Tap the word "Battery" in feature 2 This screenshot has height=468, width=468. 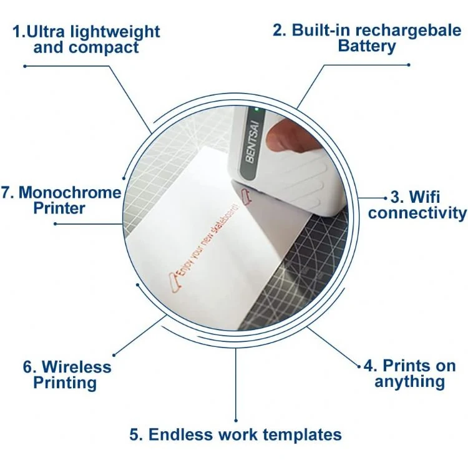tap(367, 46)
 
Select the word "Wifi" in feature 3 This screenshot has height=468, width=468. tap(424, 197)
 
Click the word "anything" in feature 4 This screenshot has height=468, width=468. tap(409, 382)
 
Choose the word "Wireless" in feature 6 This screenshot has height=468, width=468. tap(77, 366)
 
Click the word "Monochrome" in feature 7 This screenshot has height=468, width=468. tap(70, 193)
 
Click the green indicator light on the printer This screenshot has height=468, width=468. tap(256, 110)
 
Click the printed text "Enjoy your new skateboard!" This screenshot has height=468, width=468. tap(209, 239)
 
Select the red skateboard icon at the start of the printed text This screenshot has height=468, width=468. tap(175, 282)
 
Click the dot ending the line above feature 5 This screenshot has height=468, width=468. tap(236, 421)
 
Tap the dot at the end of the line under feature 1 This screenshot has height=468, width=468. tap(25, 66)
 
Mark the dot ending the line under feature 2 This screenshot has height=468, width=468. tap(409, 65)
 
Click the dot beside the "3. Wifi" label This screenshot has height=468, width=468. tap(385, 198)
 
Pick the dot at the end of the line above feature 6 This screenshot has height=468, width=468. tap(114, 355)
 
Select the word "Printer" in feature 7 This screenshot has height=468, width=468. tap(59, 208)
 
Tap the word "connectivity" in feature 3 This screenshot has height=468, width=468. tap(417, 213)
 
